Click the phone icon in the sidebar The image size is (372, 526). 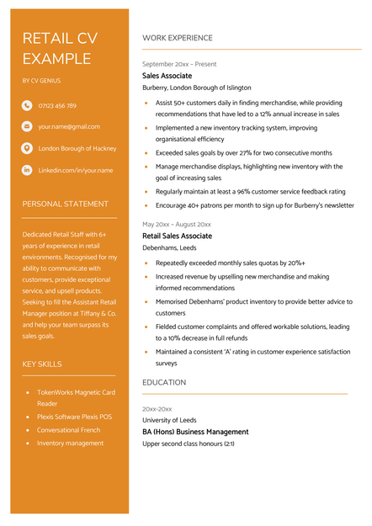coord(27,106)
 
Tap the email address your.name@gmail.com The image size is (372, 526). coord(69,126)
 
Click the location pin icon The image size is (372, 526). coord(27,148)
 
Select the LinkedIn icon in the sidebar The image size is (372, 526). coord(27,170)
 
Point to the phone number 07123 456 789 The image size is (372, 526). coord(57,106)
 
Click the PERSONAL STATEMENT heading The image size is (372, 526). coord(65,204)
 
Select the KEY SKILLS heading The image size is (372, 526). coord(42,364)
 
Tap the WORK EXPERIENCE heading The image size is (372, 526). coord(177,38)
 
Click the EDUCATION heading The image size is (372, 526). coord(164,382)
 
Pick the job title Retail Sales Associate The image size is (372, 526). coord(177,236)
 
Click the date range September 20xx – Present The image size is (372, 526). coord(179,64)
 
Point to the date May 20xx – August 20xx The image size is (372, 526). coord(177,225)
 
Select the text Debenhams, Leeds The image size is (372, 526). coord(170,248)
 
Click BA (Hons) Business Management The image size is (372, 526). coord(195,432)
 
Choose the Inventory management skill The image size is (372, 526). coord(70,443)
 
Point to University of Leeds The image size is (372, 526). coord(169,420)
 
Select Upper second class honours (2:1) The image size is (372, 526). coord(189,444)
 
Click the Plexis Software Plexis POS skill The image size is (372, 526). coord(74,417)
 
